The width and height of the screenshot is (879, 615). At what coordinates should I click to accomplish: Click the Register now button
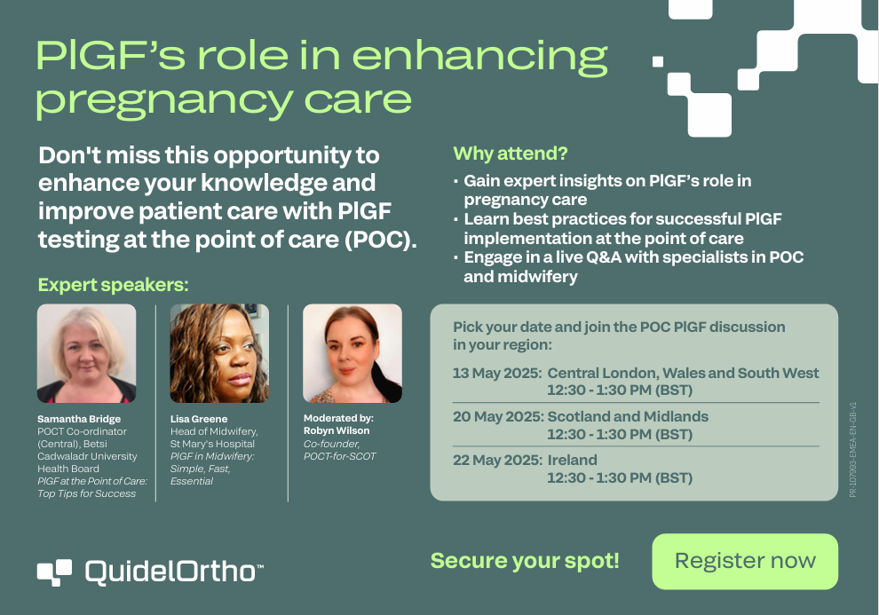pyautogui.click(x=745, y=561)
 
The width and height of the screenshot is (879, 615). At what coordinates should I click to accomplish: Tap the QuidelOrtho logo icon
pyautogui.click(x=54, y=572)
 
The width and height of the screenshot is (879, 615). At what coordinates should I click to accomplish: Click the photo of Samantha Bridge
pyautogui.click(x=86, y=353)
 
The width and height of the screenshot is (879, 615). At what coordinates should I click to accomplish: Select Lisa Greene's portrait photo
pyautogui.click(x=219, y=353)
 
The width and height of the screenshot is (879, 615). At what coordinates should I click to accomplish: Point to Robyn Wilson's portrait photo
pyautogui.click(x=352, y=353)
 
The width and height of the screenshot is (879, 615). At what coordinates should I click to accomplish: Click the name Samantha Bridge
pyautogui.click(x=79, y=419)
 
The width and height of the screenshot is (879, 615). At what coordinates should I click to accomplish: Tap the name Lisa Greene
pyautogui.click(x=199, y=419)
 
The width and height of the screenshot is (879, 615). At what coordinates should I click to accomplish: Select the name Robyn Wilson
pyautogui.click(x=337, y=430)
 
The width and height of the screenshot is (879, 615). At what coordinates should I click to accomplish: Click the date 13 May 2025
pyautogui.click(x=497, y=373)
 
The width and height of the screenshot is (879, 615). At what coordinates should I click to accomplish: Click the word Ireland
pyautogui.click(x=573, y=461)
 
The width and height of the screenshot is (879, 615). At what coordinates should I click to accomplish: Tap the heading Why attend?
pyautogui.click(x=511, y=154)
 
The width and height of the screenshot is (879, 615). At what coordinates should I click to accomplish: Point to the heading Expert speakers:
pyautogui.click(x=114, y=285)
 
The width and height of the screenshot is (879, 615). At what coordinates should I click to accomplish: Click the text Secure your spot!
pyautogui.click(x=525, y=561)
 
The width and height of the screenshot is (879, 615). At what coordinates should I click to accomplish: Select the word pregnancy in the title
pyautogui.click(x=164, y=101)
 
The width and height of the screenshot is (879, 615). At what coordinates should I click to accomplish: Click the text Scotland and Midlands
pyautogui.click(x=628, y=417)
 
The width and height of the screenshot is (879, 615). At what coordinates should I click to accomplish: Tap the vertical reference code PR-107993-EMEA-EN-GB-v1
pyautogui.click(x=852, y=449)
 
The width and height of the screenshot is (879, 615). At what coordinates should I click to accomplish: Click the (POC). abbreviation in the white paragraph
pyautogui.click(x=381, y=240)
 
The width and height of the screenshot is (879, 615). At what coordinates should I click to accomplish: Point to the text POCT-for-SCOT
pyautogui.click(x=340, y=456)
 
